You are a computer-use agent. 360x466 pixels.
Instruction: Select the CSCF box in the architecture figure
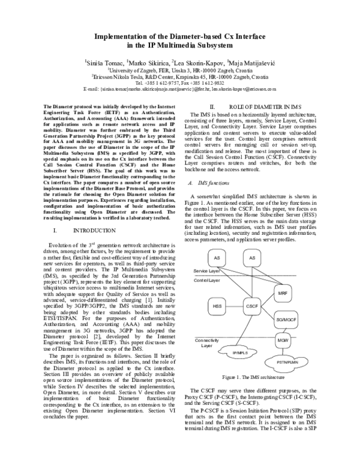(x=252, y=306)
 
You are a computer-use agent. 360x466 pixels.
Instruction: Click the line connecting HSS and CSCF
(x=234, y=306)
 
